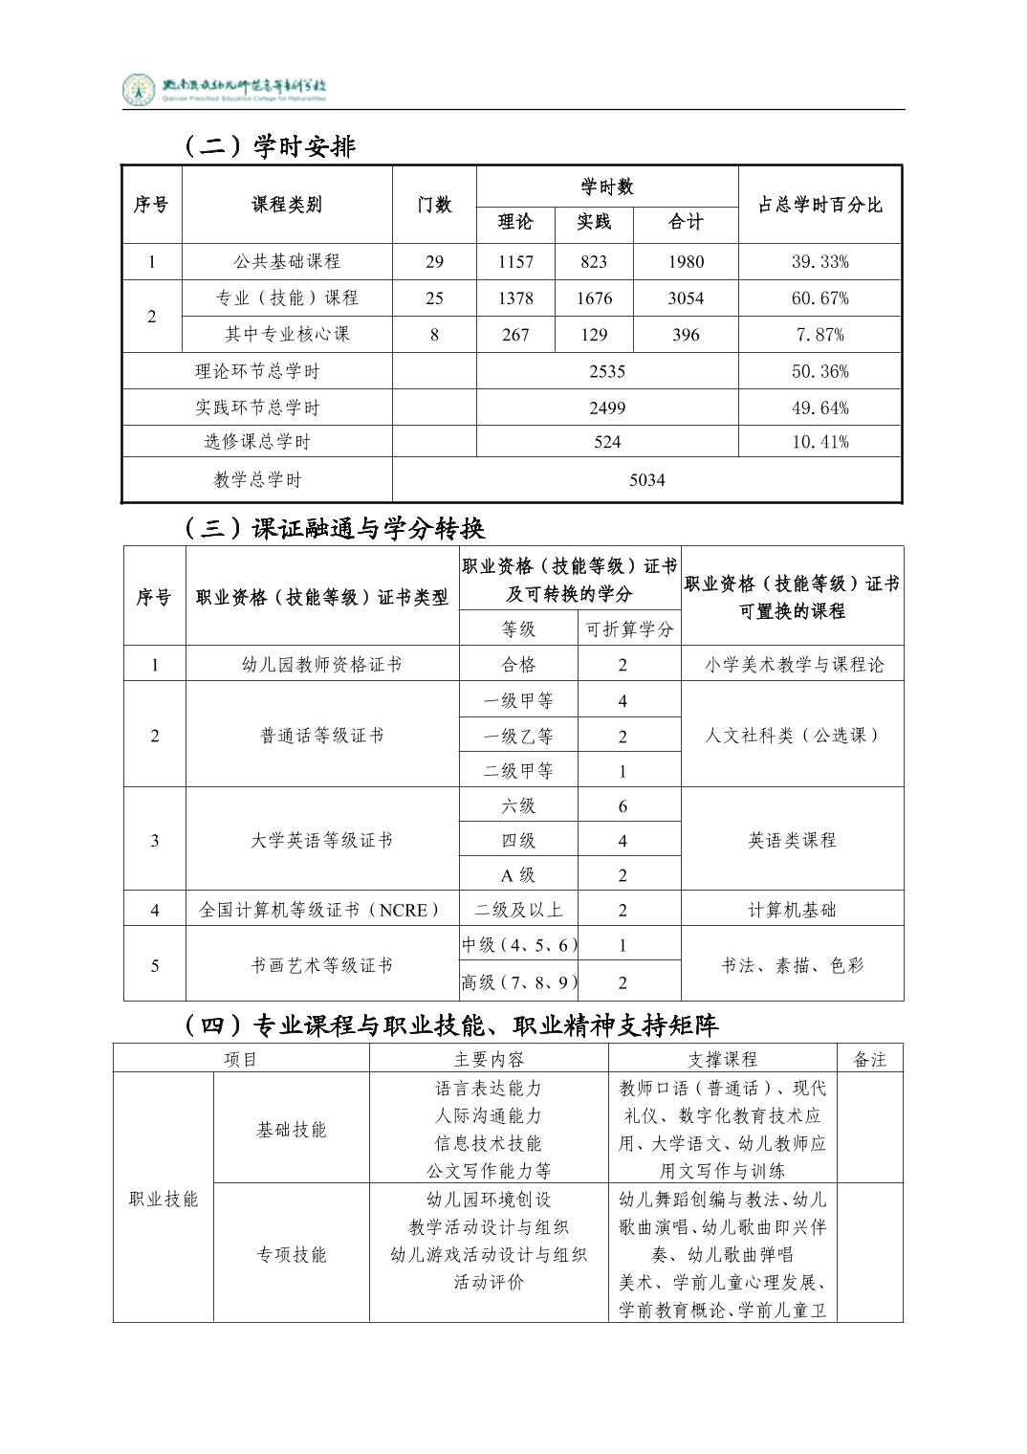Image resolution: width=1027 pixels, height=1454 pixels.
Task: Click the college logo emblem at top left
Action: point(140,90)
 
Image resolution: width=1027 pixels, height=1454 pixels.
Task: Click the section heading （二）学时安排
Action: point(269,146)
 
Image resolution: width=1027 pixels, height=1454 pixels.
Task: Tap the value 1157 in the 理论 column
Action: point(515,261)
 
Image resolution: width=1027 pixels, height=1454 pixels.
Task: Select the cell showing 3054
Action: point(686,298)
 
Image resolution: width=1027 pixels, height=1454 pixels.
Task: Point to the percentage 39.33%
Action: point(819,261)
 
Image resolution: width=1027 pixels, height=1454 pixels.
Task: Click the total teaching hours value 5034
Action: point(646,480)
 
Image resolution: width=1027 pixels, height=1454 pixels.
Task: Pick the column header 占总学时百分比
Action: point(819,205)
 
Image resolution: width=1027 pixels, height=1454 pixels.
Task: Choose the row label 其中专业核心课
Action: point(287,334)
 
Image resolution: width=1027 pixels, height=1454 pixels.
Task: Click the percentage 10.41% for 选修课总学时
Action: point(819,442)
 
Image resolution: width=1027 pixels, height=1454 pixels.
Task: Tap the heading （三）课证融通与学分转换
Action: point(334,528)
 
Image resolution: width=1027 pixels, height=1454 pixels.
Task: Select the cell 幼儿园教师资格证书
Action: point(321,665)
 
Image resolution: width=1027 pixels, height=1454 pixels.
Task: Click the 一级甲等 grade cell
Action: point(518,701)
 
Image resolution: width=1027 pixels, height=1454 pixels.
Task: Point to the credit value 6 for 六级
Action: point(623,806)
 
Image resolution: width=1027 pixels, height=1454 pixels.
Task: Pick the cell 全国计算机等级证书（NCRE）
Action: point(321,910)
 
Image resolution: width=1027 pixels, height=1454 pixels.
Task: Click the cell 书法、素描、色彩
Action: point(792,965)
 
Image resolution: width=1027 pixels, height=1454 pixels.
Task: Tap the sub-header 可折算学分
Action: point(629,629)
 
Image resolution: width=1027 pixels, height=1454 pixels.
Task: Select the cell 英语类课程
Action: point(792,840)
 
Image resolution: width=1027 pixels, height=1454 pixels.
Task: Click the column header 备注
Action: point(869,1059)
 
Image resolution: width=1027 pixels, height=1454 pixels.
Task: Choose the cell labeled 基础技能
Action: point(291,1129)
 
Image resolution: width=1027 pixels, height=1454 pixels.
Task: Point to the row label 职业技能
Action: point(164,1199)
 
